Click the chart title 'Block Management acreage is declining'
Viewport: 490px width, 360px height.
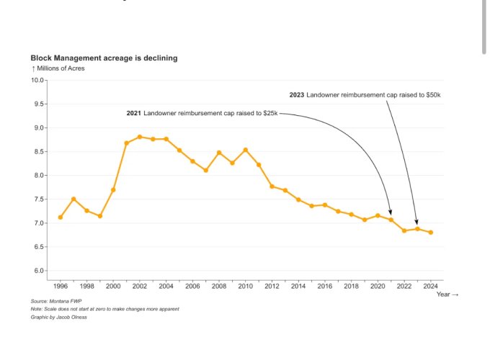pyautogui.click(x=104, y=58)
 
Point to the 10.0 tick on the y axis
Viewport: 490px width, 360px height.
pyautogui.click(x=37, y=80)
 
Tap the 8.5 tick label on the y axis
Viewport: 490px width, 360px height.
pyautogui.click(x=37, y=151)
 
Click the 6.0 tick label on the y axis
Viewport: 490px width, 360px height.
pyautogui.click(x=37, y=271)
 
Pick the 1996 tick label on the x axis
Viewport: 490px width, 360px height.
pyautogui.click(x=61, y=286)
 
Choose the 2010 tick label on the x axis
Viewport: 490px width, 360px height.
pyautogui.click(x=245, y=286)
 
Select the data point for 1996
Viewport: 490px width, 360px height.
pyautogui.click(x=61, y=217)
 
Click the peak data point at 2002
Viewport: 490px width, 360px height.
pyautogui.click(x=140, y=137)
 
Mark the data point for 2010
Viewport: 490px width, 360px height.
pyautogui.click(x=246, y=150)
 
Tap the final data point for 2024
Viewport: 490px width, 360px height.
pyautogui.click(x=431, y=233)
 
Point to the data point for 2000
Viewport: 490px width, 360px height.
pyautogui.click(x=113, y=190)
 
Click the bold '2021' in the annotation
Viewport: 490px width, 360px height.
pyautogui.click(x=133, y=114)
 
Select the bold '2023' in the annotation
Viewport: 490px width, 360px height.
pyautogui.click(x=296, y=95)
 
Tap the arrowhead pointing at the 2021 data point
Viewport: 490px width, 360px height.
pyautogui.click(x=391, y=212)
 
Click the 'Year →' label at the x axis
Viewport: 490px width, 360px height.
pyautogui.click(x=447, y=294)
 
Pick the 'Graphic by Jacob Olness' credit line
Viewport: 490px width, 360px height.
pyautogui.click(x=58, y=317)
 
